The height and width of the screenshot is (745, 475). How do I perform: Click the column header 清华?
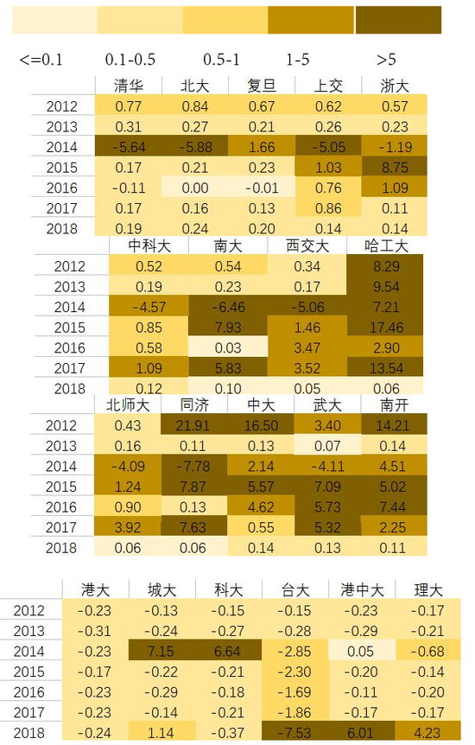pos(128,85)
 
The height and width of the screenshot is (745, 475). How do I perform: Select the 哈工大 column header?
pos(385,245)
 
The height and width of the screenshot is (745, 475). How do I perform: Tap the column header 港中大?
pos(362,590)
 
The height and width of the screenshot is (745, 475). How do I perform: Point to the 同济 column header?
pos(194,404)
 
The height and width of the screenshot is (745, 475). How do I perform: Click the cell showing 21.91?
pos(194,425)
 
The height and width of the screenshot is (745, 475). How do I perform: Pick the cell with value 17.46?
pos(385,328)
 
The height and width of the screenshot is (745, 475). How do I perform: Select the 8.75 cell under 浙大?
pos(394,167)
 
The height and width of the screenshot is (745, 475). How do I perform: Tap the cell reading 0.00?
pos(194,188)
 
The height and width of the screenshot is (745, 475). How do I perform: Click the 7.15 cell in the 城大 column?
pos(161,651)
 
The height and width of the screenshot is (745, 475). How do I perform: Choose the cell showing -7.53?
pos(294,733)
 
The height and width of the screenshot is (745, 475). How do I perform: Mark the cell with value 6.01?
pos(362,733)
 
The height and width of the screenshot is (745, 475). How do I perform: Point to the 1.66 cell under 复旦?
pos(261,147)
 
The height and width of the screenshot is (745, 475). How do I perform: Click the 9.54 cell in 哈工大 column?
pos(385,287)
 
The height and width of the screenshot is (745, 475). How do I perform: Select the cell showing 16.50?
pos(261,425)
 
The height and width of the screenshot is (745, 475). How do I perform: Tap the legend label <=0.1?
pos(41,60)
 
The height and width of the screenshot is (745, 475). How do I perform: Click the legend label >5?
pos(386,60)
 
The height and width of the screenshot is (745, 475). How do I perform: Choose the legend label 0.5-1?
pos(221,60)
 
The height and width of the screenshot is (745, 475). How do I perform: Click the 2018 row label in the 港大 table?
pos(28,733)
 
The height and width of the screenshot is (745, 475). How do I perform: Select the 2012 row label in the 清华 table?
pos(61,106)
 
